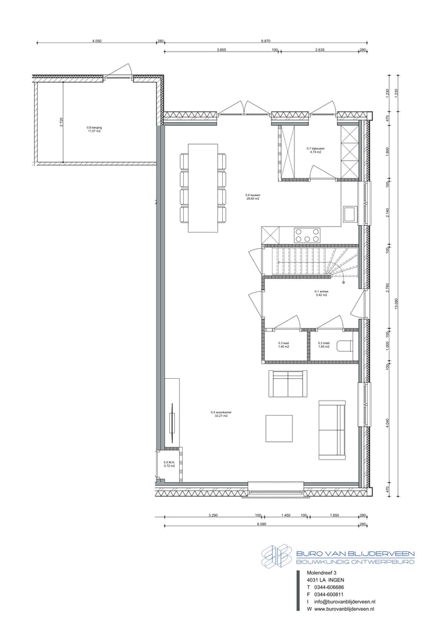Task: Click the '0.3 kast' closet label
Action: pyautogui.click(x=283, y=344)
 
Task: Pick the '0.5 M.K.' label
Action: pyautogui.click(x=169, y=464)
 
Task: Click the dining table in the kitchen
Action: pyautogui.click(x=203, y=188)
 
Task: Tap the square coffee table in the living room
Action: pyautogui.click(x=279, y=428)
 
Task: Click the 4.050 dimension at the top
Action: pyautogui.click(x=97, y=41)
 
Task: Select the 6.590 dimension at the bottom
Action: pyautogui.click(x=262, y=524)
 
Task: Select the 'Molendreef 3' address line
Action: pyautogui.click(x=322, y=572)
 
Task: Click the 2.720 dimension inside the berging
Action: pyautogui.click(x=61, y=123)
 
